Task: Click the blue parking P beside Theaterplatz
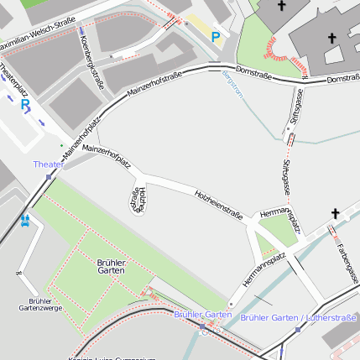25,105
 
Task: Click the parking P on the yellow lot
216,37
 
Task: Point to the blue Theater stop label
48,164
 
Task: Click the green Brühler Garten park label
111,266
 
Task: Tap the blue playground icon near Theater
26,221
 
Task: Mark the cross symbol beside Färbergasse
335,214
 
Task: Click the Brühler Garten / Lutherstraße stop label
298,318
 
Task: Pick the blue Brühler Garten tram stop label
202,314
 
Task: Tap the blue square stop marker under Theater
50,177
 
